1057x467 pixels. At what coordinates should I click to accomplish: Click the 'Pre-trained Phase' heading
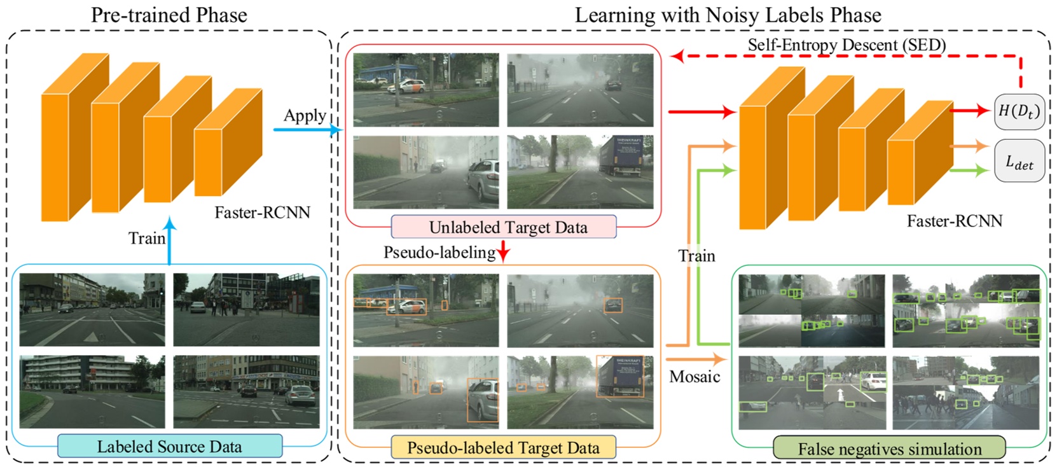[169, 14]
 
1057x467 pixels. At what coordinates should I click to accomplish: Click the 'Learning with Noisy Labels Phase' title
[728, 14]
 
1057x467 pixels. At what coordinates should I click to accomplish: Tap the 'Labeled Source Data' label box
[170, 446]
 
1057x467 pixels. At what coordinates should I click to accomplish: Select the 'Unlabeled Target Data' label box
[504, 227]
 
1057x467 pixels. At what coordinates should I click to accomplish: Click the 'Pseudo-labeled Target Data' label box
[503, 447]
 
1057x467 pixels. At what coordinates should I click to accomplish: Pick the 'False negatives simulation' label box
[889, 448]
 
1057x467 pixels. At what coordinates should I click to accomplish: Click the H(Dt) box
[1019, 111]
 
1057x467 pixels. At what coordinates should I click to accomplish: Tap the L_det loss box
[1019, 162]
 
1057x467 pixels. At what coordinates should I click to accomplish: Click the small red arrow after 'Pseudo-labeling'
[503, 253]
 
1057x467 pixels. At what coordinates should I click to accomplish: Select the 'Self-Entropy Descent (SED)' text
[846, 45]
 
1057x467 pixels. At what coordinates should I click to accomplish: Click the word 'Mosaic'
[694, 376]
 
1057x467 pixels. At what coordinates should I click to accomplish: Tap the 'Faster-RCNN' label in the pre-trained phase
[262, 212]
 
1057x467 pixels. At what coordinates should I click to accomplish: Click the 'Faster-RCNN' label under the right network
[954, 221]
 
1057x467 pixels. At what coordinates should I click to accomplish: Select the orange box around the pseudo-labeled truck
[619, 377]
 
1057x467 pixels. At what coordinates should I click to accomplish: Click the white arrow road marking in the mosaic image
[841, 394]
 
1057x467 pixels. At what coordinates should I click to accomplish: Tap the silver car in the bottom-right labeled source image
[299, 395]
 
